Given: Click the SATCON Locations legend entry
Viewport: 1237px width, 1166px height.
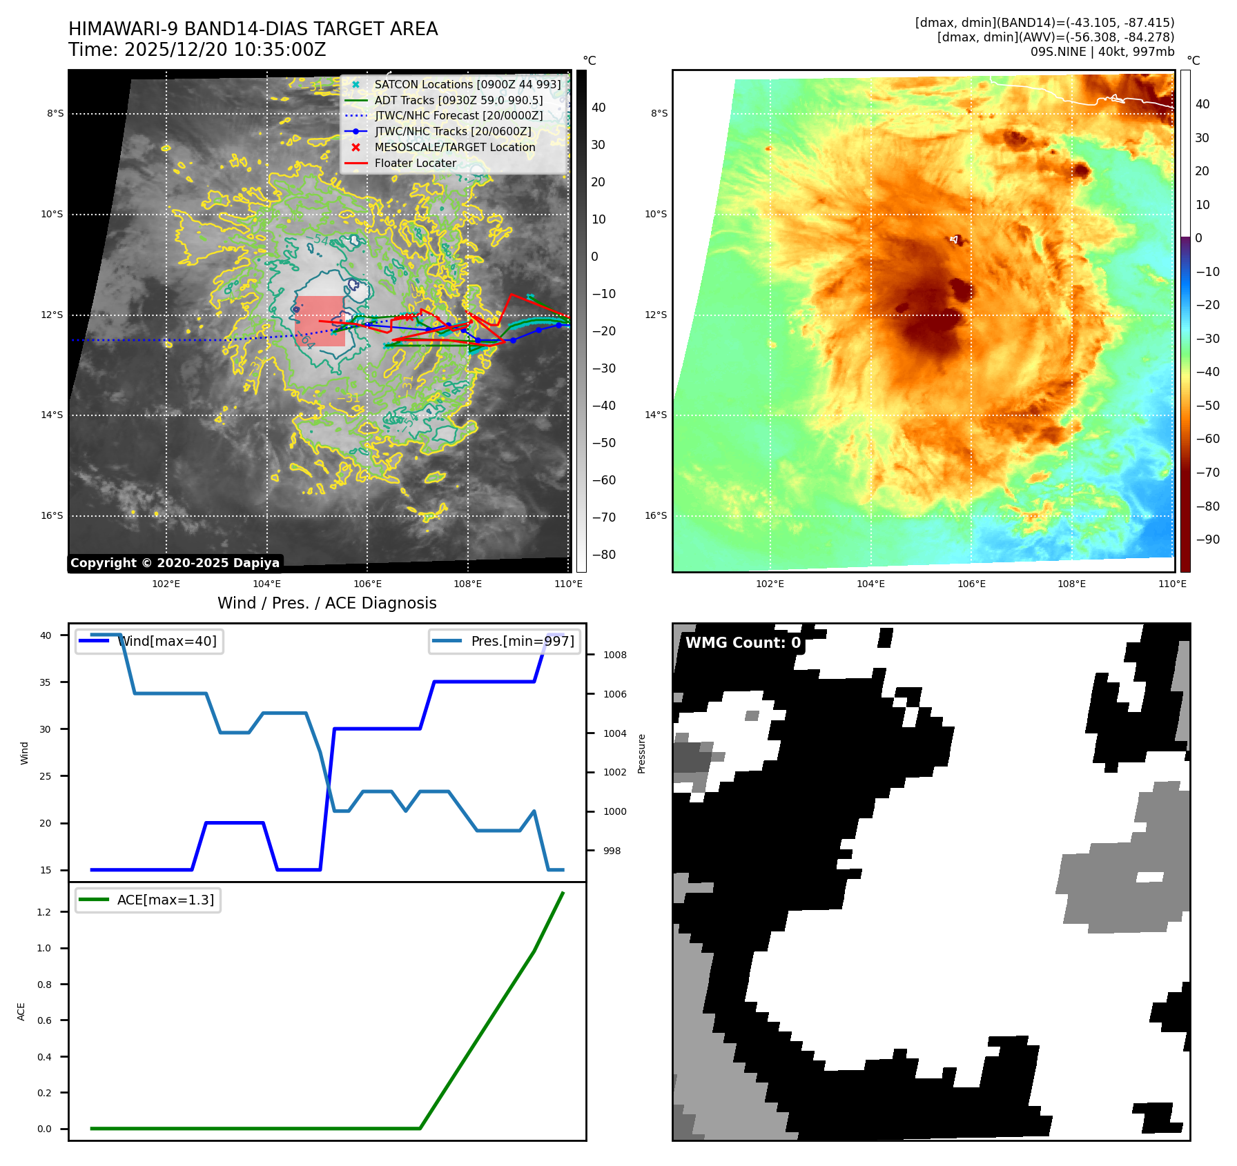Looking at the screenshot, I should [467, 85].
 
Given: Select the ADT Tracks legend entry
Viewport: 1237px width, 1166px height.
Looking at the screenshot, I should [458, 101].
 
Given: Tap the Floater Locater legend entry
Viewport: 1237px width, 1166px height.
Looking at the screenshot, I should [415, 164].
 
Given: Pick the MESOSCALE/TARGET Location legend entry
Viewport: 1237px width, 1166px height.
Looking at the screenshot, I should [454, 148].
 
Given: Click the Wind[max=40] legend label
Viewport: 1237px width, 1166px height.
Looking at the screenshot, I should [167, 642].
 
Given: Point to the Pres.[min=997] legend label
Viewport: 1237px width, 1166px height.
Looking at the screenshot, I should [522, 642].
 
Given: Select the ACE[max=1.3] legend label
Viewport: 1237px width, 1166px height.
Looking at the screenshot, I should [166, 900].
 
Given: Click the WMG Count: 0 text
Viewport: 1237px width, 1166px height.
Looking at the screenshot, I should [743, 643].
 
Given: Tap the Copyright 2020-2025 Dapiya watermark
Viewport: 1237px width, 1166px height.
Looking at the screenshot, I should [175, 563].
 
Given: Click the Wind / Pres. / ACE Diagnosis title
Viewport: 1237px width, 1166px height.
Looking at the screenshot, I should [327, 604].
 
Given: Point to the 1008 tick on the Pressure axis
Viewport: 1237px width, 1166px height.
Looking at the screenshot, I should [614, 655].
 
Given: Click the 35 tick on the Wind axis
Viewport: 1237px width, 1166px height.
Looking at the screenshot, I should [46, 682].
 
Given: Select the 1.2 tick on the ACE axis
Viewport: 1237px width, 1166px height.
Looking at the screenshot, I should [44, 912].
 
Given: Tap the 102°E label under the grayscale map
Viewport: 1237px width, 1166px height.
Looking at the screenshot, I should [166, 584].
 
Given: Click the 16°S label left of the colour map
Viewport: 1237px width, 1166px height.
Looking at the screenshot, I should [655, 516].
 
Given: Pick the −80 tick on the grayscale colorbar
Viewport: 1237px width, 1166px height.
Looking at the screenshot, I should [603, 555].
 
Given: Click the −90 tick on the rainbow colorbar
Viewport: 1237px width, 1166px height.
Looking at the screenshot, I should [1207, 540].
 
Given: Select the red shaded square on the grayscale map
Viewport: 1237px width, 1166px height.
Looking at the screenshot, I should [320, 321].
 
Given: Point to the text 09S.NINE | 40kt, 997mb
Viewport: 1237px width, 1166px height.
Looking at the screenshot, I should [1102, 52].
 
